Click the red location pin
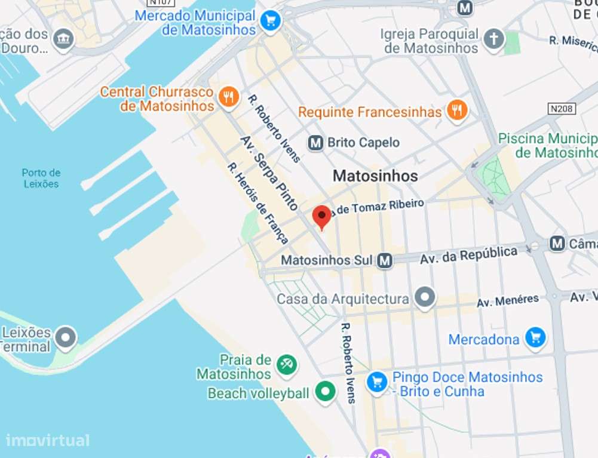point(322,216)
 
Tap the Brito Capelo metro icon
point(315,143)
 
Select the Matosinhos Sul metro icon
point(385,260)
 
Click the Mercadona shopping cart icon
point(535,339)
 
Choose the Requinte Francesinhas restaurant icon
point(457,111)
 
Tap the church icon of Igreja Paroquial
point(493,41)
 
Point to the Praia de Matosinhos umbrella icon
point(286,365)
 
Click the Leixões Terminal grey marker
point(65,338)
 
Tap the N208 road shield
point(562,109)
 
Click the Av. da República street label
point(468,256)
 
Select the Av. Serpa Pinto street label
point(268,173)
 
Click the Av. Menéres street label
point(507,301)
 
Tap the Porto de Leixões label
point(41,179)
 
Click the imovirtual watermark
point(48,441)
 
